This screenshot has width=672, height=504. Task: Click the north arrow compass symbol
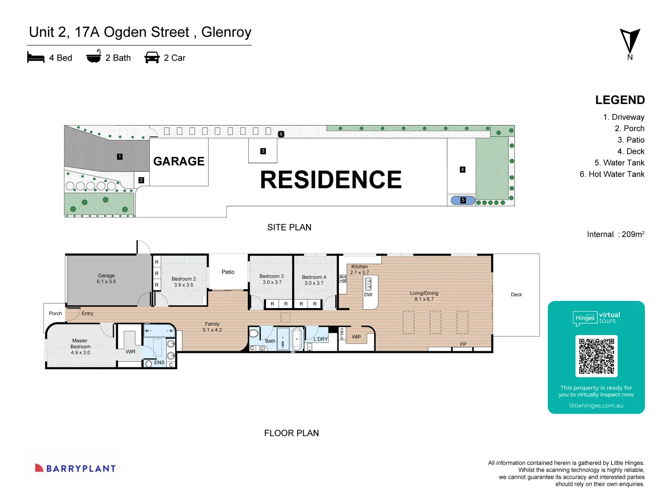(x=630, y=42)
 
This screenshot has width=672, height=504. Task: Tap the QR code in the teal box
(x=596, y=356)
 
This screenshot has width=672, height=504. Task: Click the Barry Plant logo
(x=75, y=468)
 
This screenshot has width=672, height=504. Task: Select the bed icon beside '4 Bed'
(x=36, y=57)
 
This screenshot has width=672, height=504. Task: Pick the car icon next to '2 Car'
(x=152, y=57)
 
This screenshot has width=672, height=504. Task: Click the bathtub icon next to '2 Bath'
(x=94, y=56)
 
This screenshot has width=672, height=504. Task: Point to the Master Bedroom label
(x=80, y=347)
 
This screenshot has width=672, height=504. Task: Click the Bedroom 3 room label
(x=272, y=279)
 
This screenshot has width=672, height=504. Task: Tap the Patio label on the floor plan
(x=228, y=272)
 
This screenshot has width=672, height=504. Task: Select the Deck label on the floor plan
(x=516, y=294)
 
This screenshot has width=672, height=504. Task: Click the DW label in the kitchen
(x=368, y=294)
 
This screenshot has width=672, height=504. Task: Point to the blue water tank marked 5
(x=463, y=200)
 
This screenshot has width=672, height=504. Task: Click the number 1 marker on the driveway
(x=120, y=157)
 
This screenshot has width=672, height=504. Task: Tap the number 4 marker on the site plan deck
(x=462, y=169)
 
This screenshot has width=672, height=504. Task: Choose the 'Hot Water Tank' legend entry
(x=612, y=174)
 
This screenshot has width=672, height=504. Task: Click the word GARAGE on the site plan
(x=179, y=161)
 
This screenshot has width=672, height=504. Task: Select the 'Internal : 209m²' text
(x=615, y=234)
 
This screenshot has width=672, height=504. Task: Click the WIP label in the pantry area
(x=357, y=337)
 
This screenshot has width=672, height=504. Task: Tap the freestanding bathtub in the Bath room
(x=296, y=339)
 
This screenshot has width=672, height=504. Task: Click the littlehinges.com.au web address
(x=596, y=406)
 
